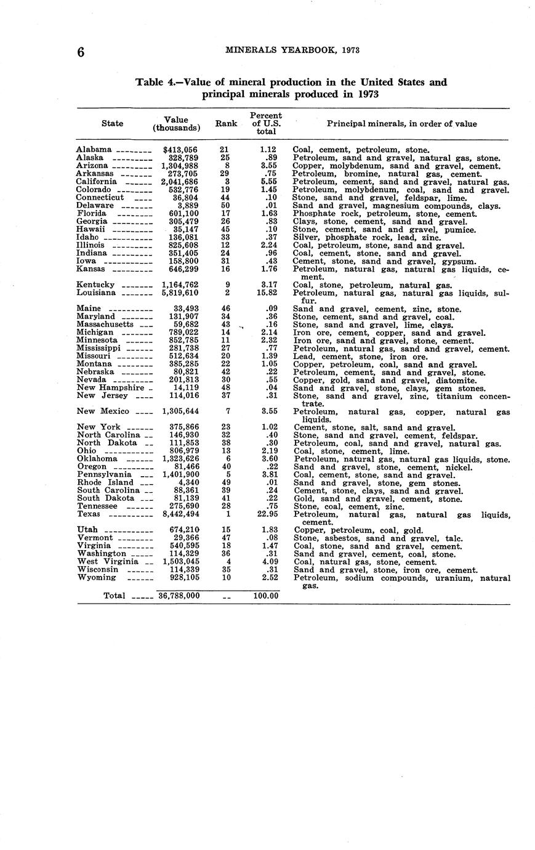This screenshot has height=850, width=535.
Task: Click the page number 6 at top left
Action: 81,53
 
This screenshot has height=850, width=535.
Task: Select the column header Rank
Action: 226,124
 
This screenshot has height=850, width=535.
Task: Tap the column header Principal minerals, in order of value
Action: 401,124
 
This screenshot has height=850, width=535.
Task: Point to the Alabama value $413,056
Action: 180,150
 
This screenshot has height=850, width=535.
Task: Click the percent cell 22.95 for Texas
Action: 266,514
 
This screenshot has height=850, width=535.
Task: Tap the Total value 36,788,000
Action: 179,596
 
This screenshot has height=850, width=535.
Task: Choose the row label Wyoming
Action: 97,578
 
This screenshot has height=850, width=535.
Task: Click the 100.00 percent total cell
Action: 266,596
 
